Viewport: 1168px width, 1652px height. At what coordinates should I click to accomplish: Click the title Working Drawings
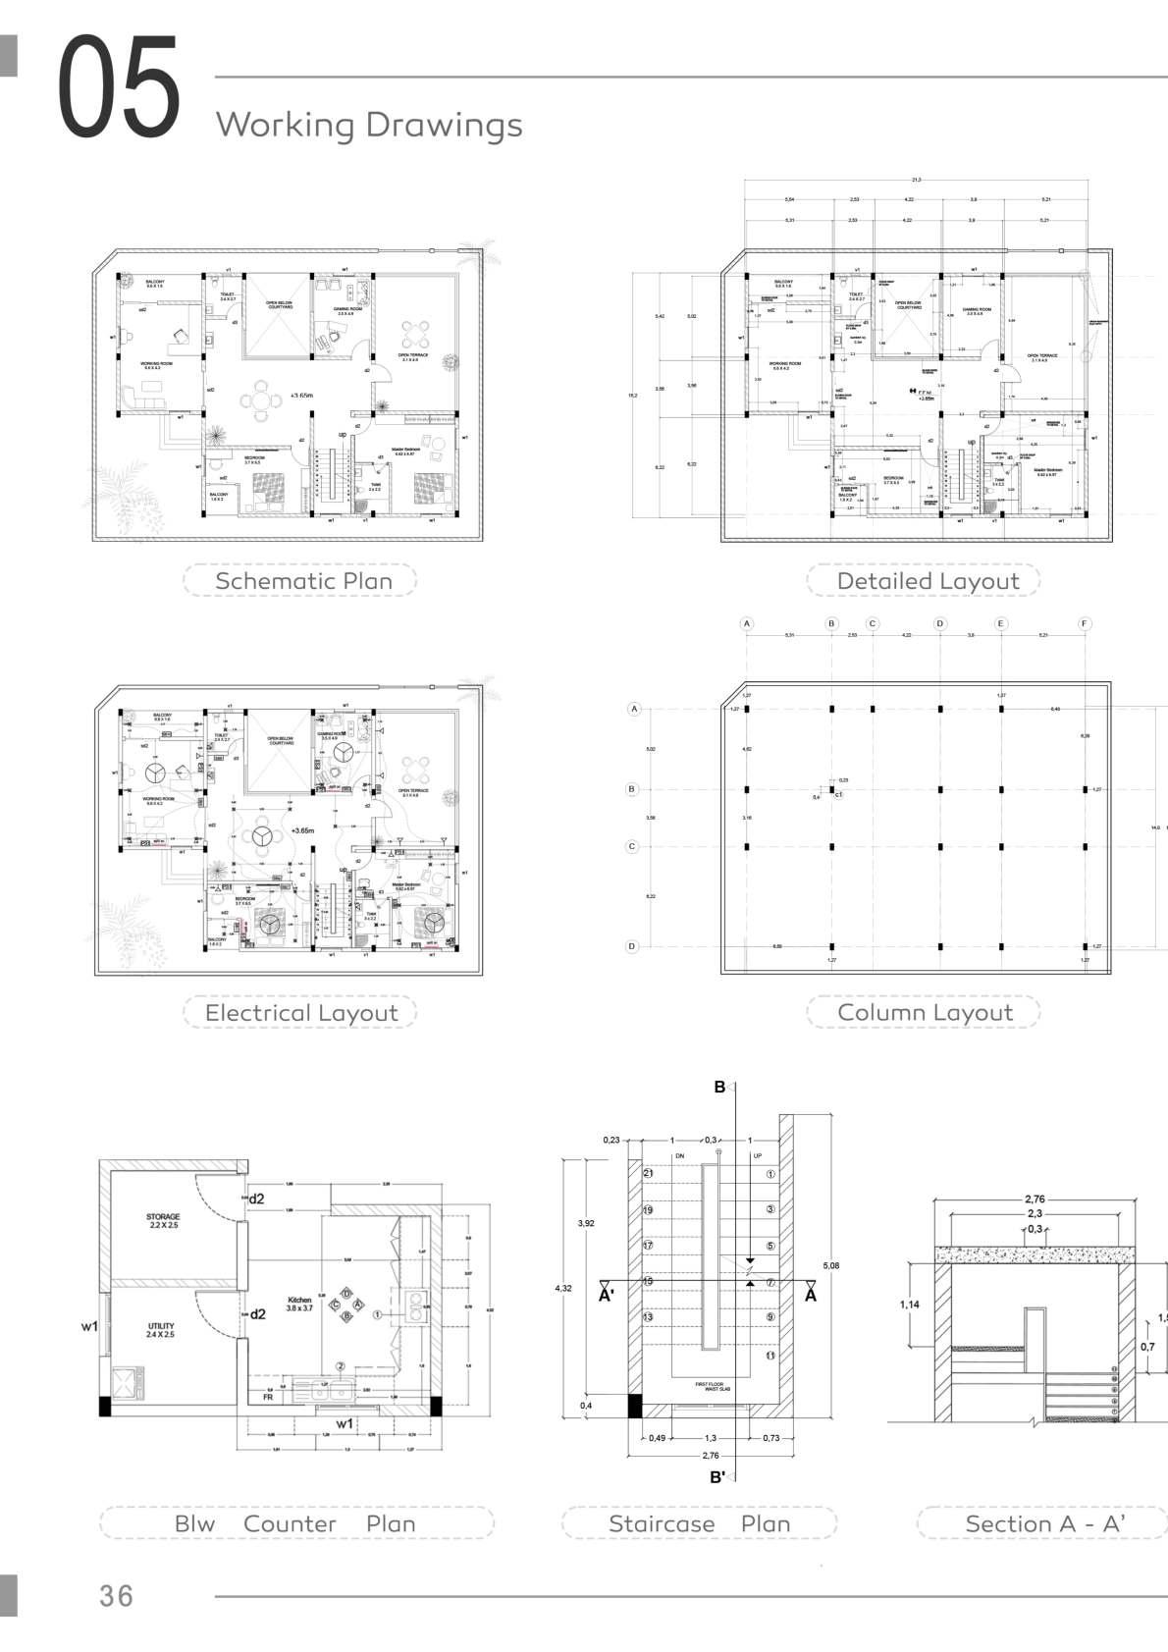[x=369, y=125]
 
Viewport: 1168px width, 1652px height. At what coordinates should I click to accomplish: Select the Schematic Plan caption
[x=303, y=581]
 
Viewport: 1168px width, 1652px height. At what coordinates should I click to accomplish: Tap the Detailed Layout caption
[x=928, y=581]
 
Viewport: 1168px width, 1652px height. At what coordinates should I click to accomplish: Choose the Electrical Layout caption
[x=301, y=1013]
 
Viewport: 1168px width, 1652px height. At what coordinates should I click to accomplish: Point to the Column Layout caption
[x=925, y=1013]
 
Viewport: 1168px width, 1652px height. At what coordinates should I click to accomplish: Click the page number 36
[x=116, y=1595]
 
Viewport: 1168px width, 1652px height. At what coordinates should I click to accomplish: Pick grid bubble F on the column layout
[x=1085, y=623]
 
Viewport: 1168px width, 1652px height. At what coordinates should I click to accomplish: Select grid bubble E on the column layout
[x=1001, y=623]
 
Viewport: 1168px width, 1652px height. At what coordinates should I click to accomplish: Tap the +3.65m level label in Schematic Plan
[x=301, y=396]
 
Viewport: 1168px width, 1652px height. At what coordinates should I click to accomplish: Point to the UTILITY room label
[x=161, y=1330]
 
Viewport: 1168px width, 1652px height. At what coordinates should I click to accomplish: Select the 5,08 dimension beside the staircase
[x=831, y=1265]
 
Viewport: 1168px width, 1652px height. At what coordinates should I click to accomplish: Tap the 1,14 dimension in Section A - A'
[x=909, y=1305]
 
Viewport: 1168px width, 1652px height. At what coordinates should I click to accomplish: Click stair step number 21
[x=648, y=1174]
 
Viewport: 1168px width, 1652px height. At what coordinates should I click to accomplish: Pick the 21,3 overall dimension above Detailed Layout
[x=917, y=180]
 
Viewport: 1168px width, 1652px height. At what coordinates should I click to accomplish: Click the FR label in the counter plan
[x=268, y=1397]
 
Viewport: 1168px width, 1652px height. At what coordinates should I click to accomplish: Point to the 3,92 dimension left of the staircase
[x=586, y=1223]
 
